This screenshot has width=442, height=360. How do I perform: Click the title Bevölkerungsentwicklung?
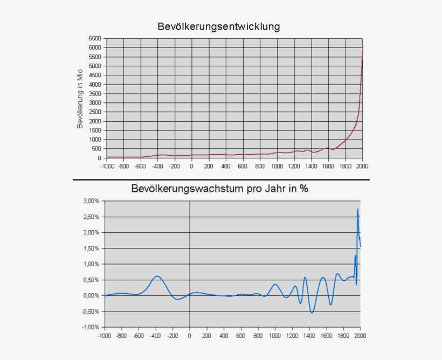[219, 26]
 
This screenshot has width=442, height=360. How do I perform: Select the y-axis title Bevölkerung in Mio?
[80, 99]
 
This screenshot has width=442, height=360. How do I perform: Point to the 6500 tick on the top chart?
[94, 38]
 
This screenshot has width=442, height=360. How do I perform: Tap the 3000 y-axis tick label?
[94, 103]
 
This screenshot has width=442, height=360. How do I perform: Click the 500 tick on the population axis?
[96, 149]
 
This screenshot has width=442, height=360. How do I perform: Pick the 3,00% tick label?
[91, 201]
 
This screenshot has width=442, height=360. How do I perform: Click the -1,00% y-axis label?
[91, 327]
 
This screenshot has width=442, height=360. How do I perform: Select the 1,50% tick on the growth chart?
[91, 248]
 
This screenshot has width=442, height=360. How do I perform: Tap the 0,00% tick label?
[91, 296]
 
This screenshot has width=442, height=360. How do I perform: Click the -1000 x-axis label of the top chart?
[107, 166]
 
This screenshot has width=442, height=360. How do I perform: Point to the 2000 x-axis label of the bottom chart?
[360, 336]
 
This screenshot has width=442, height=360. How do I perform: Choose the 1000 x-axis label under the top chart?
[277, 166]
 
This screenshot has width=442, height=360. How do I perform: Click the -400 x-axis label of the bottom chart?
[156, 336]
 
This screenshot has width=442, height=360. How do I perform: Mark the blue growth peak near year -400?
[157, 276]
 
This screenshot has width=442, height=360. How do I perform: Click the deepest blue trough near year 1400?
[312, 313]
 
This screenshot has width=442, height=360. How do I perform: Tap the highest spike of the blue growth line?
[357, 209]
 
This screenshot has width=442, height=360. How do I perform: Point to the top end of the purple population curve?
[363, 47]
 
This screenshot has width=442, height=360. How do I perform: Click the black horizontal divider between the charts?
[221, 179]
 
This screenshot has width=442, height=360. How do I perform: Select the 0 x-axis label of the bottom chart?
[190, 336]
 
